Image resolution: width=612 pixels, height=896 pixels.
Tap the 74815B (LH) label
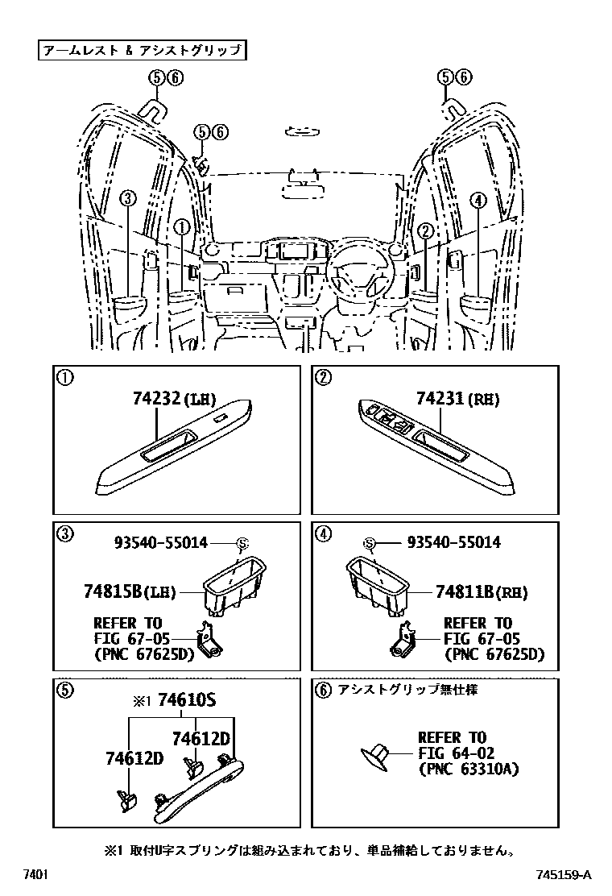[x=129, y=591]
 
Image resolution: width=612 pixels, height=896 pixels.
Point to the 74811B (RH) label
[x=482, y=591]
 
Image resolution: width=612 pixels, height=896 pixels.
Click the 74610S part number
[x=187, y=701]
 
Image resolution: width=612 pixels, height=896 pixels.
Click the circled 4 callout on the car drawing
[x=478, y=200]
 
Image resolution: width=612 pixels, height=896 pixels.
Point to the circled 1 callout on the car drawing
[x=183, y=229]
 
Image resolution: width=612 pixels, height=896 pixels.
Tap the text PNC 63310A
[x=469, y=769]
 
